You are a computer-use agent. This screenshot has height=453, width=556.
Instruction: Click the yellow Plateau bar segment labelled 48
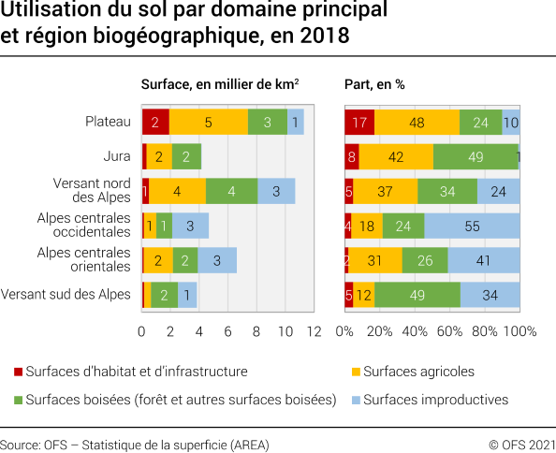point(417,122)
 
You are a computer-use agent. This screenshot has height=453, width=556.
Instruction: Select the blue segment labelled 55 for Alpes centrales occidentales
point(472,226)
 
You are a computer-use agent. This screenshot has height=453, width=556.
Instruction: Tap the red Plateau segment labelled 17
point(359,122)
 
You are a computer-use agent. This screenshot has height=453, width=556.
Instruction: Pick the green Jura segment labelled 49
point(475,156)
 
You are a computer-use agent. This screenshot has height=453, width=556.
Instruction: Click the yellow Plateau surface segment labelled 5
point(208,122)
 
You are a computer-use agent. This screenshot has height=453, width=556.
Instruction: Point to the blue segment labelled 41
point(484,260)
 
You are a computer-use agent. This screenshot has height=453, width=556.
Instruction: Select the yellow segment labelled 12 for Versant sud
point(363,295)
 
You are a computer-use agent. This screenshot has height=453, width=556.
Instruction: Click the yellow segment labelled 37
point(385,191)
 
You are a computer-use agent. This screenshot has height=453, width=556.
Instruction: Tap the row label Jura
point(117,156)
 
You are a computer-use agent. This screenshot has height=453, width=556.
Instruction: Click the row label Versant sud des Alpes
point(66,295)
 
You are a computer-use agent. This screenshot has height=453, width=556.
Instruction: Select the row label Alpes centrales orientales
point(83,260)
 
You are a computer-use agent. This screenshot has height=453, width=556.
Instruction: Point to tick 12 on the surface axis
point(314,331)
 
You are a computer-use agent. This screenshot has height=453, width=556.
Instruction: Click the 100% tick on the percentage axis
point(519,331)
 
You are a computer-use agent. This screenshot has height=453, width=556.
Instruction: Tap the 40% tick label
point(415,331)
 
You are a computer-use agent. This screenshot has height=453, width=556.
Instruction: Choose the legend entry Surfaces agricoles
point(418,372)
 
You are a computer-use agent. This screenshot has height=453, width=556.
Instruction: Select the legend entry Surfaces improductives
point(435,400)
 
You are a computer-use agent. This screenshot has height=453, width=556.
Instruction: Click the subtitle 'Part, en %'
point(374,83)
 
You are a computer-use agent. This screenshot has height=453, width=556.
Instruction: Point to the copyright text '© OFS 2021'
point(521,443)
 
